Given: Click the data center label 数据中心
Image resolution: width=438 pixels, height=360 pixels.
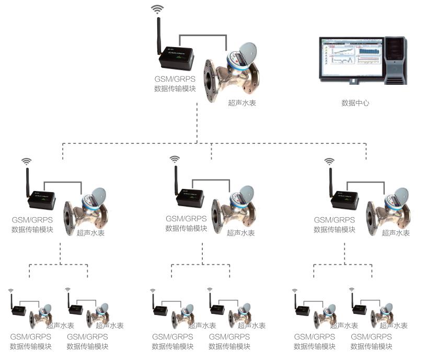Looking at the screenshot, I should (355, 103).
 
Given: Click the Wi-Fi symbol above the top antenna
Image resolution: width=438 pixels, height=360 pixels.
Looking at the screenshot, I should (157, 9).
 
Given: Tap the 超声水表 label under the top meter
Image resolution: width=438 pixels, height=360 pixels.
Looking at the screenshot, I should (242, 104).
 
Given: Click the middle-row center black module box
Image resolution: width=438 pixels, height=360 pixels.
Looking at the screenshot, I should (189, 198).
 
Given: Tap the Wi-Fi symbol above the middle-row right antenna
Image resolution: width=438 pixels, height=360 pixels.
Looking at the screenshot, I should (329, 161).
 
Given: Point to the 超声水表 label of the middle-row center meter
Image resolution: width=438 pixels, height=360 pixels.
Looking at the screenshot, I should (241, 233).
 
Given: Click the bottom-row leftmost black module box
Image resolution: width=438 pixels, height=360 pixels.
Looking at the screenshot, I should (20, 310).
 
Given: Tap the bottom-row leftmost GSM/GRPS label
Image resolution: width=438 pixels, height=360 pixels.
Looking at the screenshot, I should (31, 337).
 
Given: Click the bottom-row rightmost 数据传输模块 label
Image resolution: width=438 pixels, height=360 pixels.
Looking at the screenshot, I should (371, 346).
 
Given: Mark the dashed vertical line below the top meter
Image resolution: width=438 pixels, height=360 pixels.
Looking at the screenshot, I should (197, 122).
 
